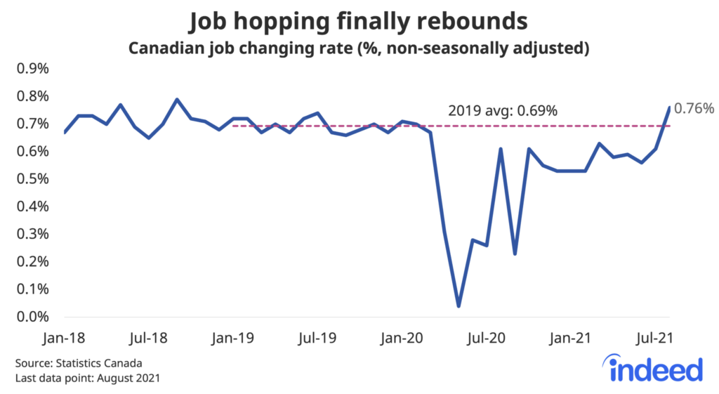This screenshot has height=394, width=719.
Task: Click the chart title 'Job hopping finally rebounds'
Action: coord(359,22)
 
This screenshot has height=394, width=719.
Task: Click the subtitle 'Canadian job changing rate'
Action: coord(359,49)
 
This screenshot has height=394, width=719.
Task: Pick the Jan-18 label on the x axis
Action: coord(64,338)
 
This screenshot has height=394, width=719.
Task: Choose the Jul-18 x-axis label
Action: coord(148,338)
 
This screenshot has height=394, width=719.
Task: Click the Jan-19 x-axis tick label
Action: coord(232,338)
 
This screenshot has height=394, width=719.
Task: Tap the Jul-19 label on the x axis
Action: coord(317,338)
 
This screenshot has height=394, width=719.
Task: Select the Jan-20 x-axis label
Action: coord(401,338)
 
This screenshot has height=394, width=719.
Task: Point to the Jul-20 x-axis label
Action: coord(486,338)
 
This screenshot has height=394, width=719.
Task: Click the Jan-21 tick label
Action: coord(570,338)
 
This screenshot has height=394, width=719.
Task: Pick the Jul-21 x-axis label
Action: coord(654,338)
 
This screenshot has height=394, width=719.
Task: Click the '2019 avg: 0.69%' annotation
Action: coord(503,111)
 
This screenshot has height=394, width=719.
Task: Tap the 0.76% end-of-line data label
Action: coord(694,108)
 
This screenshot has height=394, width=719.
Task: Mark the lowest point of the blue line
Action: coord(459,306)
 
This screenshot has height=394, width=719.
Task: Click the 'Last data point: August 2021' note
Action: coord(88,379)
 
